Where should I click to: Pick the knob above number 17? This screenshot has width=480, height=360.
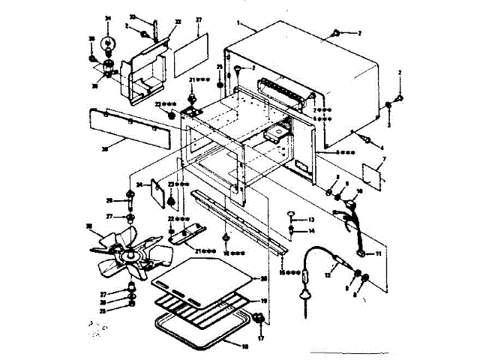pos(259,319)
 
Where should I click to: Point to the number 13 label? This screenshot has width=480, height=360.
pos(310,219)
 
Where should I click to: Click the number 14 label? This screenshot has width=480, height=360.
pos(310,231)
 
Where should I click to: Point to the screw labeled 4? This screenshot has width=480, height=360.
pos(368,139)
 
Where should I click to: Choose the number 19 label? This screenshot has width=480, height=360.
pos(262,301)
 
